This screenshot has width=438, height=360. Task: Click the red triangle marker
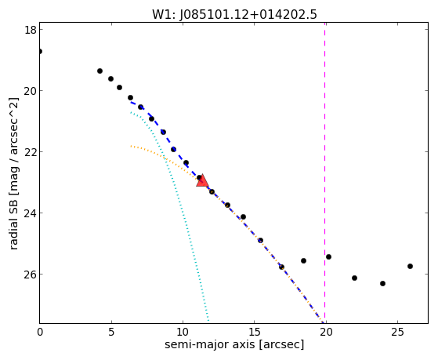coord(202,180)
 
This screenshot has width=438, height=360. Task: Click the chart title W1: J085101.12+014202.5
coord(234,14)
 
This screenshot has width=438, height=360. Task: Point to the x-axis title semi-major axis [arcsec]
coord(234,344)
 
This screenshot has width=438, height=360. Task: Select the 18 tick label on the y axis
coord(30,30)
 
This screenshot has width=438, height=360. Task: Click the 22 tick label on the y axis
coord(30,152)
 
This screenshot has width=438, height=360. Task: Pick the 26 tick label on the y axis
coord(30,275)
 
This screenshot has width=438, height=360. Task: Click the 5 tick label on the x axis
coord(111,333)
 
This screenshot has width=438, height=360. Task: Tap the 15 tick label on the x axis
coord(254,333)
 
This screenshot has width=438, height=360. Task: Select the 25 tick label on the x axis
coord(397,333)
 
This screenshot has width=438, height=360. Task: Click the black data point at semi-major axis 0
coord(40,51)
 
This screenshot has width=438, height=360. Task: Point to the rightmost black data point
coord(410,267)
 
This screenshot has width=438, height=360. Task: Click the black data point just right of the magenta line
coord(328,256)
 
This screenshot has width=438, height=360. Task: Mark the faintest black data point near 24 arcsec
coord(382,284)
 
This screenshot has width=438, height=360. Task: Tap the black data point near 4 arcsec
coord(100,71)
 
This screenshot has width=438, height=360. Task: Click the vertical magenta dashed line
coord(324,173)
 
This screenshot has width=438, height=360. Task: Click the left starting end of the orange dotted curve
coord(131,146)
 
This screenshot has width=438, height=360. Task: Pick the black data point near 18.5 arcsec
coord(304,260)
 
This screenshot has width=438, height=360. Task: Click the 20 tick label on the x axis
coord(326,333)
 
